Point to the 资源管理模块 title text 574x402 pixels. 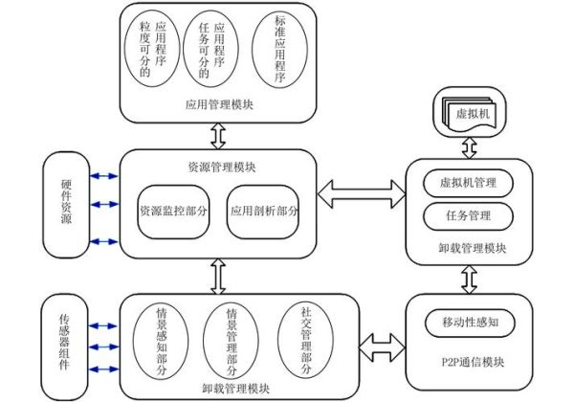pyautogui.click(x=222, y=168)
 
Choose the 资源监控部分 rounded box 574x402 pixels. pyautogui.click(x=173, y=210)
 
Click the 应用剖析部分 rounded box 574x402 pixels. pyautogui.click(x=264, y=210)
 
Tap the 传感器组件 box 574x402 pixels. pyautogui.click(x=66, y=342)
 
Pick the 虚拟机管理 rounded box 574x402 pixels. pyautogui.click(x=467, y=182)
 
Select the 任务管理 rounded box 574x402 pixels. pyautogui.click(x=467, y=215)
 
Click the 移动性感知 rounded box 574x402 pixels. pyautogui.click(x=467, y=320)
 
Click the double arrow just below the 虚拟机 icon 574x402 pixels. pyautogui.click(x=468, y=145)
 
